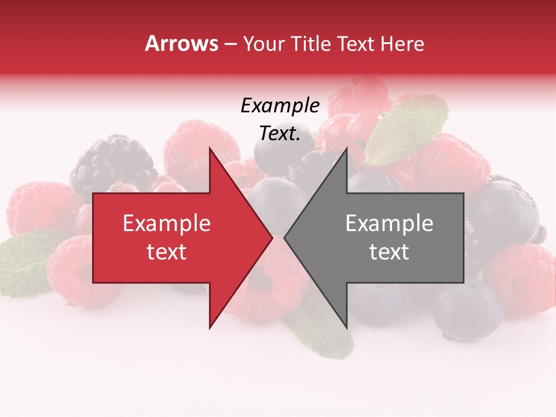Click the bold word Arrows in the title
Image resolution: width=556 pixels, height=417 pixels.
[x=181, y=43]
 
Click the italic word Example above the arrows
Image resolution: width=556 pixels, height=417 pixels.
[x=280, y=106]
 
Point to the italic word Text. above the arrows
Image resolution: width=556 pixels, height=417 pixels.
[x=280, y=134]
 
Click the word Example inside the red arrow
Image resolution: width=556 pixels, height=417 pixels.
[x=166, y=224]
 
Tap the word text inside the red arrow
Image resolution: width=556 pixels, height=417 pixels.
[x=166, y=252]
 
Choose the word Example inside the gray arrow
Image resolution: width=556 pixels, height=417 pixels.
[x=389, y=224]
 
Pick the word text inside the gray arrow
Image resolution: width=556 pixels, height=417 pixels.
[x=389, y=252]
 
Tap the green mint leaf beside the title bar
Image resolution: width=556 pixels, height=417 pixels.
[x=408, y=127]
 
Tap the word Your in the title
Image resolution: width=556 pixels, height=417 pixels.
[x=264, y=44]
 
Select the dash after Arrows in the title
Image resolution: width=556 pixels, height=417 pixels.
[x=230, y=44]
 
